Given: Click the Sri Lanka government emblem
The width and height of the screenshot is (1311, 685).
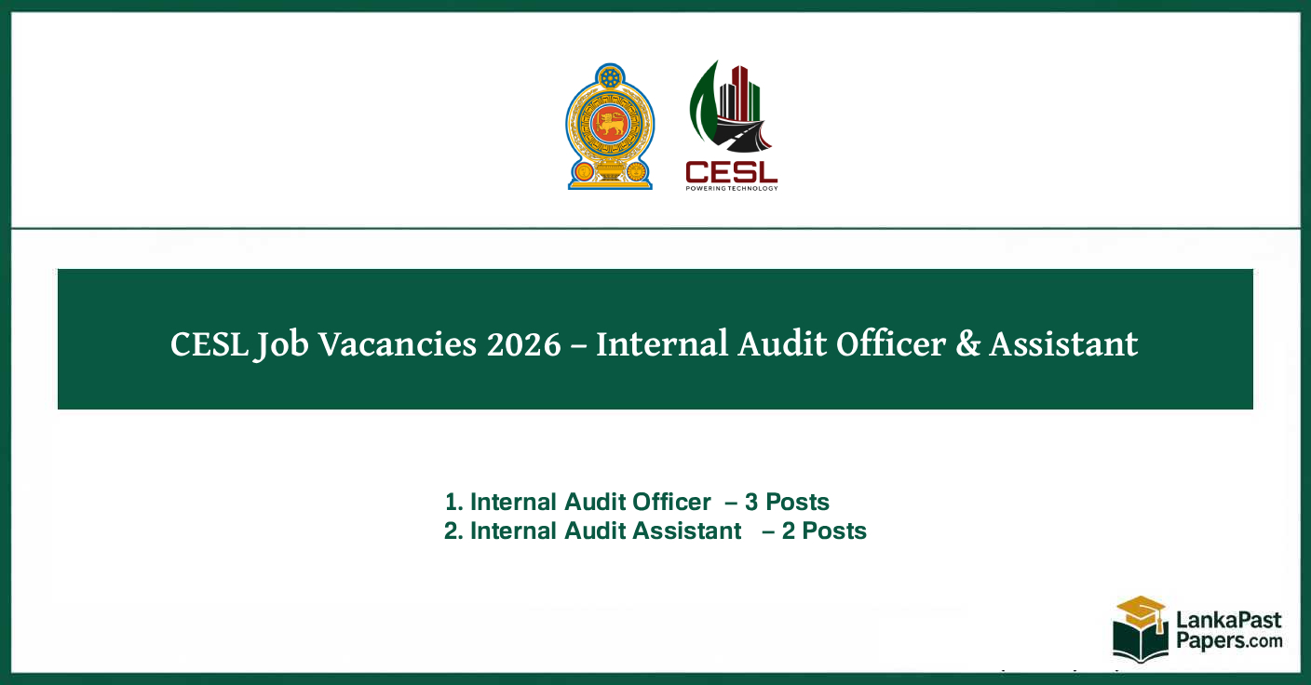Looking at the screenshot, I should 610,127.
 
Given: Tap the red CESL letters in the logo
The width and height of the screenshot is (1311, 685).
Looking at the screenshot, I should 731,172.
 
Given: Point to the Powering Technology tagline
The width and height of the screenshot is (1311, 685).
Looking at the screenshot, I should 731,188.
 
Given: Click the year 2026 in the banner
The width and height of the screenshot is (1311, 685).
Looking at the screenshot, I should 523,344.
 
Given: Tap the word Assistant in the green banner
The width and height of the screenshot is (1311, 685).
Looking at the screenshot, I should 1063,344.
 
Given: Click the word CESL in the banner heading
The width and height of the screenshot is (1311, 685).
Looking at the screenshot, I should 209,344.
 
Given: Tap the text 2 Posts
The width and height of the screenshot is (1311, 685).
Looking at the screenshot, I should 824,531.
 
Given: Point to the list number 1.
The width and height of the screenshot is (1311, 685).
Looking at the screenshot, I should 453,503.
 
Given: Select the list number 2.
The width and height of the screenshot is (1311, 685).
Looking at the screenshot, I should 453,531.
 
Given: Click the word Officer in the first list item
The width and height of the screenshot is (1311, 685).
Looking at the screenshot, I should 671,503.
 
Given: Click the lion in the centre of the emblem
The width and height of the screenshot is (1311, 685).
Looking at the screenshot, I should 610,124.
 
